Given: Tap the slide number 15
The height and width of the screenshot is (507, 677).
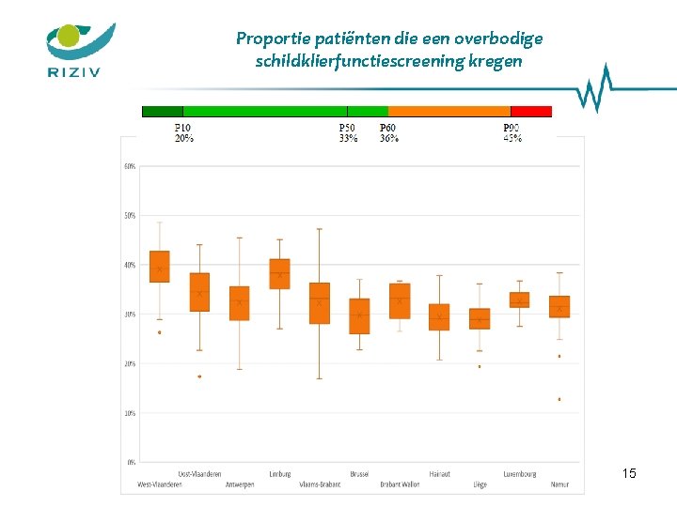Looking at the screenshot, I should click(629, 473).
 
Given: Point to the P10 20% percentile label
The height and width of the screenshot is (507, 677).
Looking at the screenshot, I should click(184, 132).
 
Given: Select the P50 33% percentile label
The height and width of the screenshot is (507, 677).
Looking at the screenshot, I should click(348, 132).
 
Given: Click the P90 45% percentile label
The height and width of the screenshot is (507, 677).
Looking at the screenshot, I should click(512, 132).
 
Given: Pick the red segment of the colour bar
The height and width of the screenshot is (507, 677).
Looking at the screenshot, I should click(531, 111).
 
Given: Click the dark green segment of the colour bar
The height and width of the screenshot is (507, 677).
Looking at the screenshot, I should click(162, 111).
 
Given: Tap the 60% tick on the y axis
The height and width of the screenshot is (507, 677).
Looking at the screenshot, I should click(129, 166).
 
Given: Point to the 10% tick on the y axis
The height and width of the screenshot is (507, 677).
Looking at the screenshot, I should click(129, 412).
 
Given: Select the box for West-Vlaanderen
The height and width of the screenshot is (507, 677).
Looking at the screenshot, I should click(160, 266).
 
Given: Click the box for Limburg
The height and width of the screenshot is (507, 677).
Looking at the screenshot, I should click(279, 273).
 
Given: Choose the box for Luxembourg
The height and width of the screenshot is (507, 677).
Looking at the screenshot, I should click(519, 300).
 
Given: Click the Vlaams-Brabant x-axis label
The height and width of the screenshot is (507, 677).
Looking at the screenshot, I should click(320, 484).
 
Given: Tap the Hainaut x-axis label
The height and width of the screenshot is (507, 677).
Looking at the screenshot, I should click(439, 474).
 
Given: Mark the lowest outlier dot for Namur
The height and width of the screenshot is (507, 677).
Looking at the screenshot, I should click(559, 399).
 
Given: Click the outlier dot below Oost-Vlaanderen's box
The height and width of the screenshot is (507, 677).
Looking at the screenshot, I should click(199, 376).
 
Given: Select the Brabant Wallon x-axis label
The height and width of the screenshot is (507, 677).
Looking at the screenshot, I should click(400, 484).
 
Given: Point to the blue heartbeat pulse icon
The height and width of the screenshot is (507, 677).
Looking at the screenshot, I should click(592, 89).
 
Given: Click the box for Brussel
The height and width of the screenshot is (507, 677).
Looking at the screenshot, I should click(359, 316).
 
